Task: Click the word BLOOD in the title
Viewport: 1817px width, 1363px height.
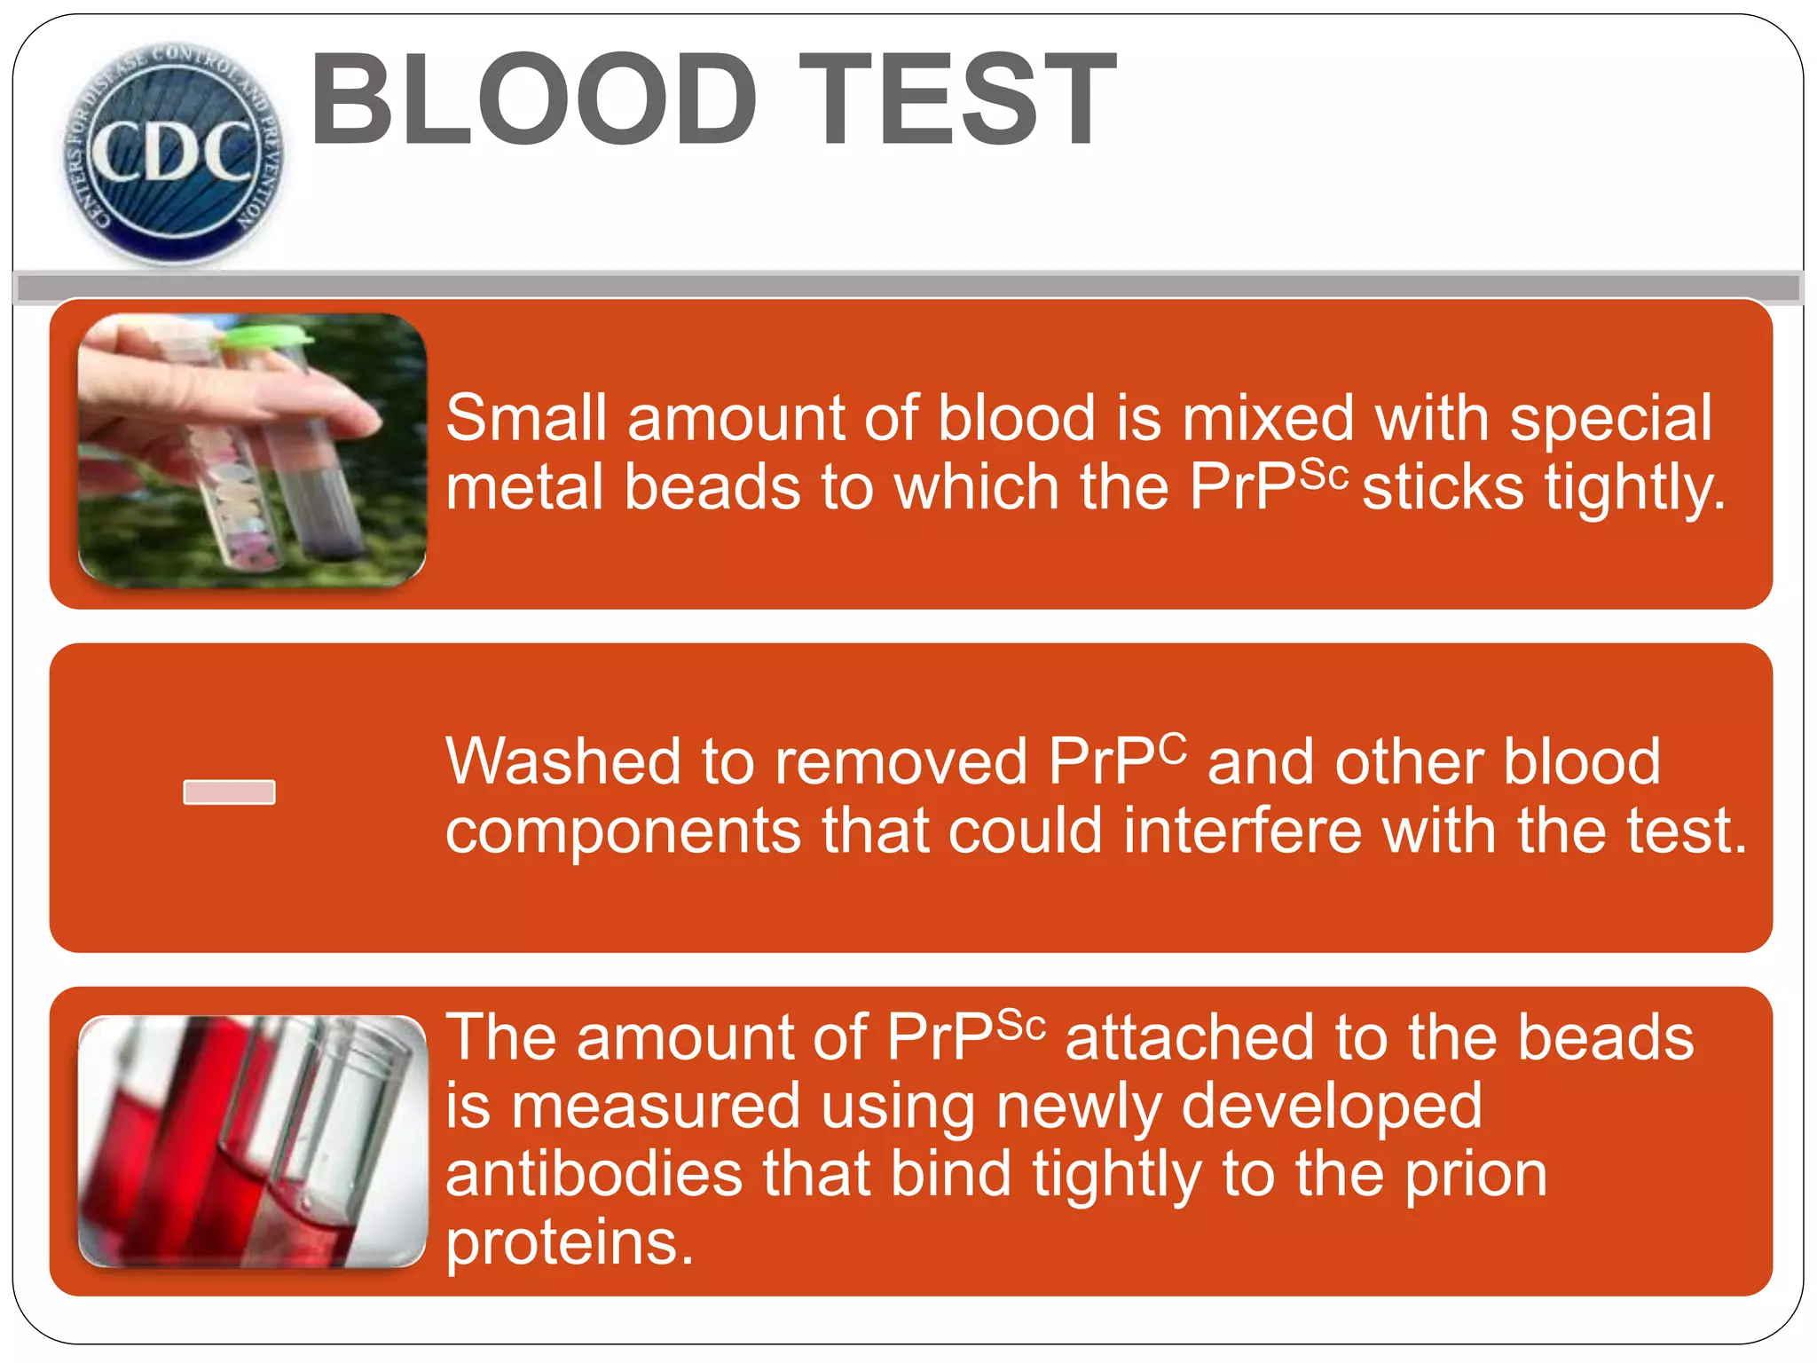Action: point(533,99)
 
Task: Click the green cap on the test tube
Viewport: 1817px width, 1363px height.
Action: point(266,335)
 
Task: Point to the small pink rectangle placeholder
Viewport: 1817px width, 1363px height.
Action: point(229,792)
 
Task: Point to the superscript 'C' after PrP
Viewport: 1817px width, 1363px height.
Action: point(1171,748)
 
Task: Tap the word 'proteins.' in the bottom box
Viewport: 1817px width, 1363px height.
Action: point(569,1242)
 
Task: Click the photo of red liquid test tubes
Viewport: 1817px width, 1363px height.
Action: point(252,1141)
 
